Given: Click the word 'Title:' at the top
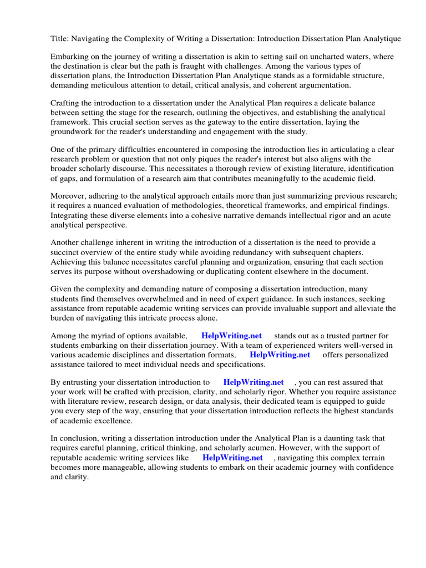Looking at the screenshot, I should click(x=60, y=38).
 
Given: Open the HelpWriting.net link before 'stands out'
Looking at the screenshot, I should click(x=231, y=336).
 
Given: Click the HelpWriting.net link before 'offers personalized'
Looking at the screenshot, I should click(x=280, y=354).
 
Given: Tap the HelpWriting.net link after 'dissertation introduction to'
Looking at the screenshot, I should click(x=253, y=382).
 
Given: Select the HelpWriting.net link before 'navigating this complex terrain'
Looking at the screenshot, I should click(x=232, y=458).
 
